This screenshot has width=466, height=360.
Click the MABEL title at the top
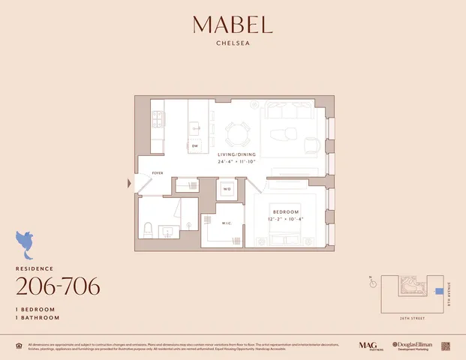click(x=232, y=25)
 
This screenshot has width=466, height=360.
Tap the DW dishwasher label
click(x=194, y=145)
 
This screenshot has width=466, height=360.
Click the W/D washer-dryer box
click(x=227, y=189)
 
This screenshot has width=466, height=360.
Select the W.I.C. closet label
click(x=227, y=223)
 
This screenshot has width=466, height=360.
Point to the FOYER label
click(x=158, y=173)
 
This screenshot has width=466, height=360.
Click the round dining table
click(x=238, y=135)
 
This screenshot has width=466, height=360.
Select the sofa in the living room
click(x=288, y=112)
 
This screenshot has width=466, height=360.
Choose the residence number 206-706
click(x=58, y=286)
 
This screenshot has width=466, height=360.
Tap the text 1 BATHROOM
click(x=39, y=317)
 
